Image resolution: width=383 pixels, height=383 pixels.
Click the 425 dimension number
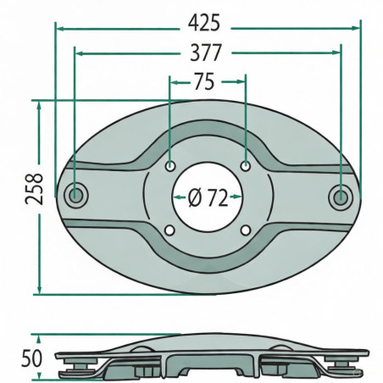204,23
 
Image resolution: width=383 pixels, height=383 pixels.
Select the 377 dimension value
205,53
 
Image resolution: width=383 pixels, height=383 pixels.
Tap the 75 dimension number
204,81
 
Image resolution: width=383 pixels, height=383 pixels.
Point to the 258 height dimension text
34,189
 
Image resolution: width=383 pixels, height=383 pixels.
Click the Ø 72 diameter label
208,197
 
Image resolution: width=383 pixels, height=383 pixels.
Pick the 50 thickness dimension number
31,358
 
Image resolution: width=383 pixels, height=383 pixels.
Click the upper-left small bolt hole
169,166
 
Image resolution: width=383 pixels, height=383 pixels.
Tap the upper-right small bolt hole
246,166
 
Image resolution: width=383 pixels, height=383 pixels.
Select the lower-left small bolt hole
169,230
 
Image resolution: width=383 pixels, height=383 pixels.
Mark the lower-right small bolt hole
246,230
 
